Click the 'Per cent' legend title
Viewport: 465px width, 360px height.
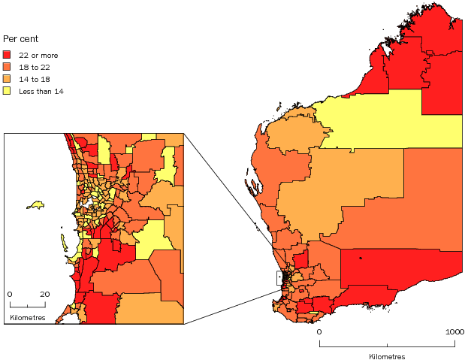pyautogui.click(x=20, y=38)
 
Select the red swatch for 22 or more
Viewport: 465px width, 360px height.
pyautogui.click(x=8, y=55)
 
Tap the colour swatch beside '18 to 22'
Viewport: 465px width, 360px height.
pyautogui.click(x=8, y=67)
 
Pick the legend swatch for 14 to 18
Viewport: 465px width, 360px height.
pyautogui.click(x=8, y=79)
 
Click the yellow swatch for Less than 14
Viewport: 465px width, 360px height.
pyautogui.click(x=8, y=91)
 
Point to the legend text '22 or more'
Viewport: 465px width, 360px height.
pyautogui.click(x=38, y=55)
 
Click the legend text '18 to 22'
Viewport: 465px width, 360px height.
pyautogui.click(x=35, y=67)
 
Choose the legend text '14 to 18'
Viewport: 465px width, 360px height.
pyautogui.click(x=35, y=79)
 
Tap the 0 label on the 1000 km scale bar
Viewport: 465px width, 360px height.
pyautogui.click(x=319, y=331)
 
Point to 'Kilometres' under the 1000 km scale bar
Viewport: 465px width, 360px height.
pyautogui.click(x=387, y=355)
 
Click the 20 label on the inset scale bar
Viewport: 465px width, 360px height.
pyautogui.click(x=44, y=294)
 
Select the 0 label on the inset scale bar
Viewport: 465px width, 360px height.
pyautogui.click(x=10, y=294)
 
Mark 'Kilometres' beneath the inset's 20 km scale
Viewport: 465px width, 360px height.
pyautogui.click(x=28, y=318)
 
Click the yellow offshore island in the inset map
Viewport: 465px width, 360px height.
pyautogui.click(x=35, y=204)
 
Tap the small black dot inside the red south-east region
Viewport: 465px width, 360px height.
pyautogui.click(x=361, y=259)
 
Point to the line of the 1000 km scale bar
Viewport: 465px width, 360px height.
pyautogui.click(x=387, y=344)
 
